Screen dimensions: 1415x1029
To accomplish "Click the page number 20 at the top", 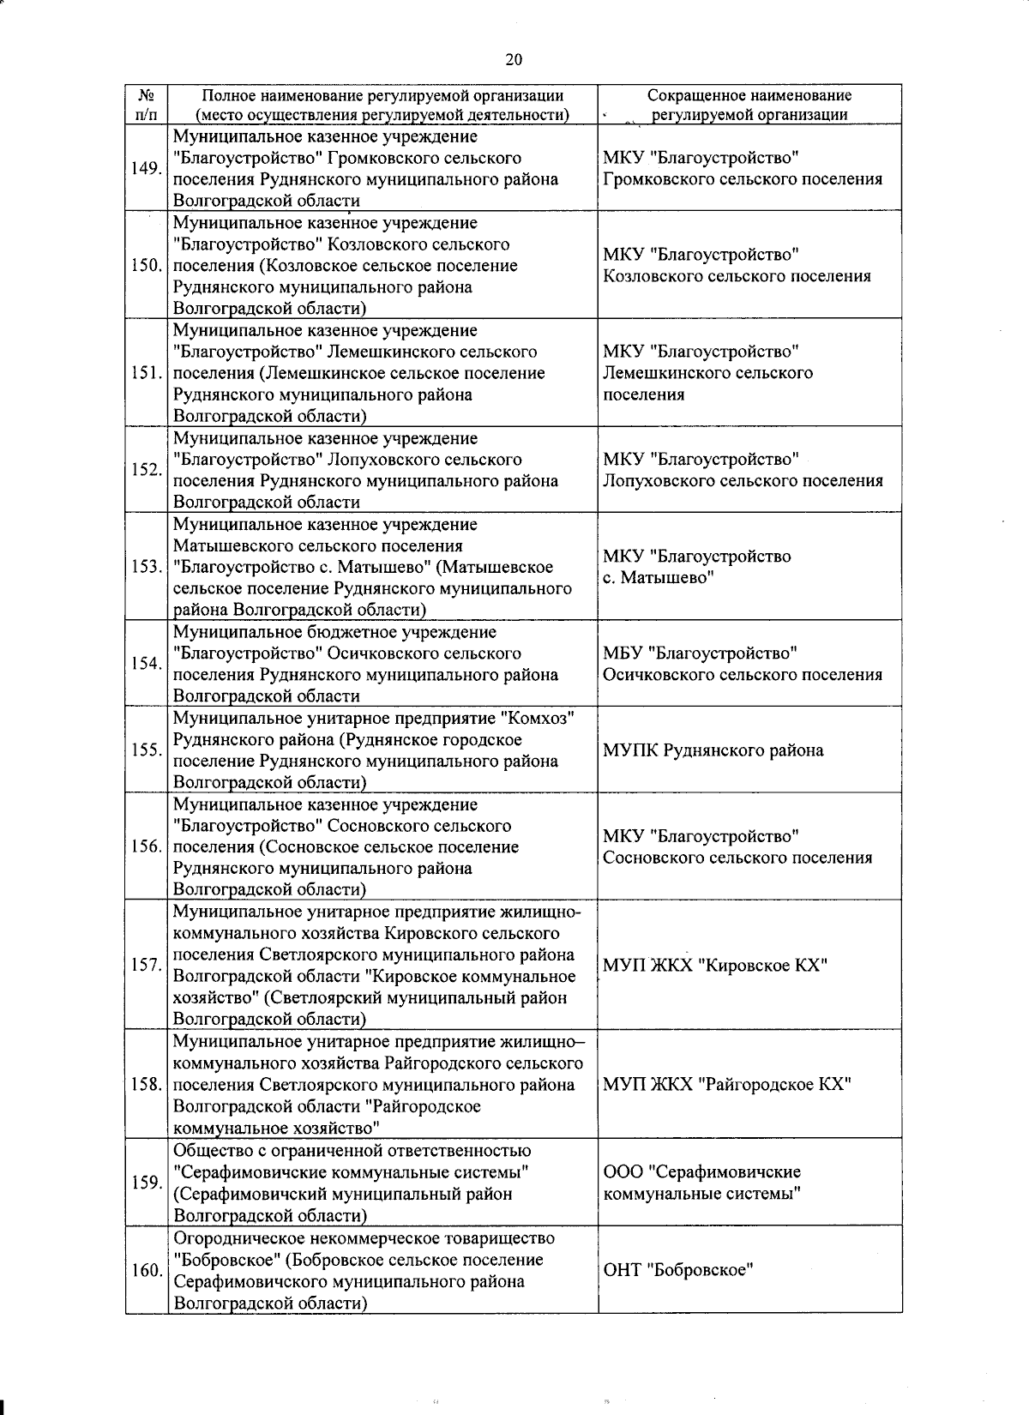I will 514,58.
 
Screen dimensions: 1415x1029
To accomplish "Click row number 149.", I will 146,168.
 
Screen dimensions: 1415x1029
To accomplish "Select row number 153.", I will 146,567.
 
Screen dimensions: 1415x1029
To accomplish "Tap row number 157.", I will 146,966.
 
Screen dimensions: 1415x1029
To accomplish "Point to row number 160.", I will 146,1270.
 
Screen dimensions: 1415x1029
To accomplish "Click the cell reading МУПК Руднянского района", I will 713,750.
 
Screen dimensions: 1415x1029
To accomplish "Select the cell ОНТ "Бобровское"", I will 677,1270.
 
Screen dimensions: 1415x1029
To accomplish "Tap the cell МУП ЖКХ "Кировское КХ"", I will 714,966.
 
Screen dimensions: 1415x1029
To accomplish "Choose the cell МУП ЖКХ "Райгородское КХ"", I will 726,1085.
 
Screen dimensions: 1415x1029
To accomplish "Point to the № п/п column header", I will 146,105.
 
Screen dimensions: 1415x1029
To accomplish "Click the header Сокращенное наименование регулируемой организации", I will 749,105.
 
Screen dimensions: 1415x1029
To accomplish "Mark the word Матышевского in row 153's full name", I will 232,545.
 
